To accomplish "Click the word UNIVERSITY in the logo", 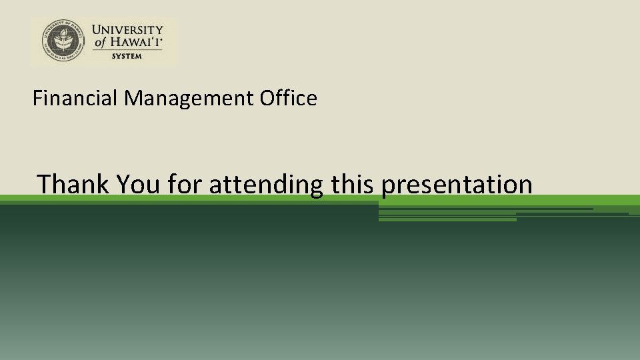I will [x=127, y=30].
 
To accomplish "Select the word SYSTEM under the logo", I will [x=127, y=56].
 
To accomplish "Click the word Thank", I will [x=73, y=184].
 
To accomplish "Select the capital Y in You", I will [x=122, y=184].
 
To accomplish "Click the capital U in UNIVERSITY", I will [x=97, y=30].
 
